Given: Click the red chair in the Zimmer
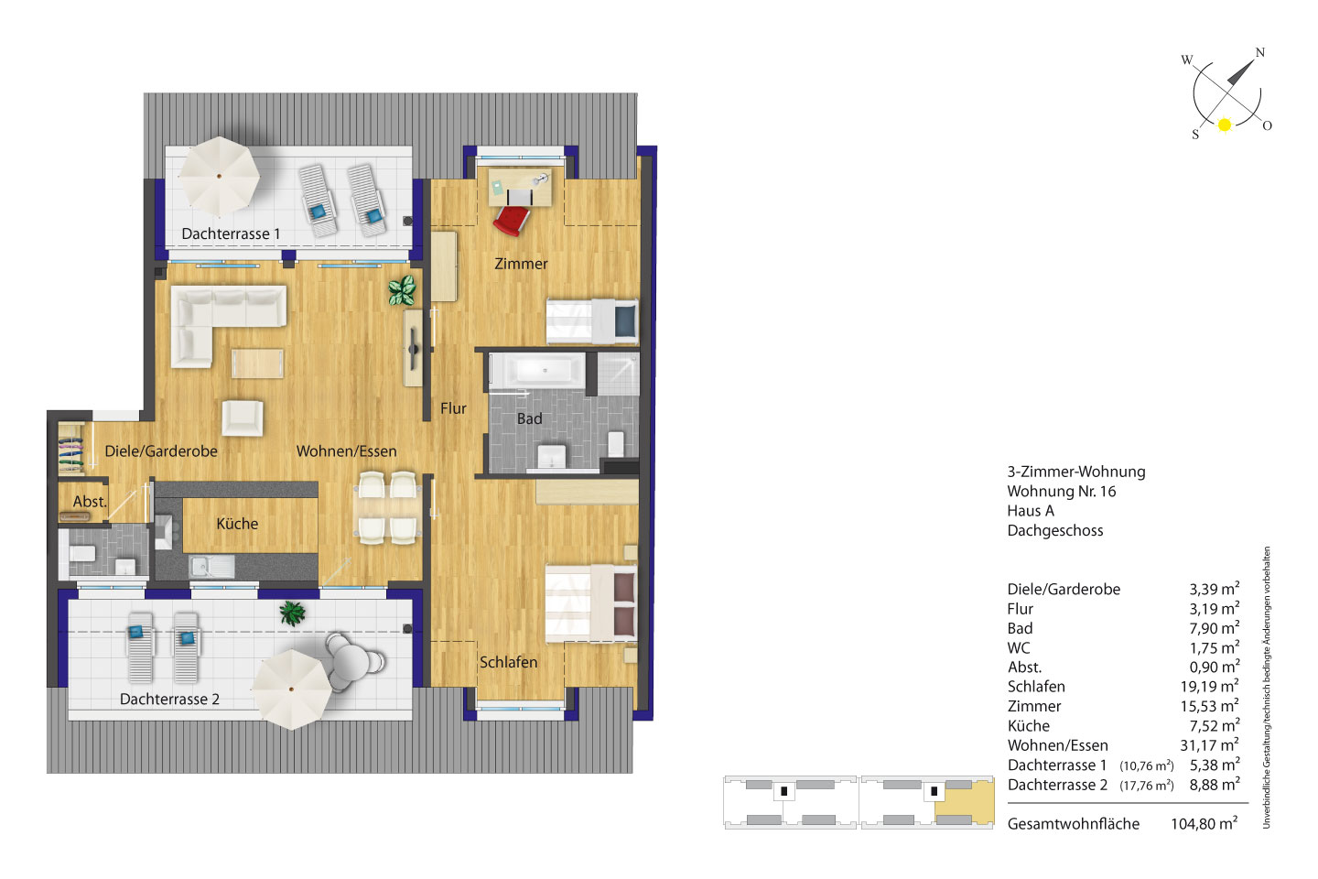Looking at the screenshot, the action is (x=512, y=220).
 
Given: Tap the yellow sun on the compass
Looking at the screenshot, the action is (x=1225, y=125).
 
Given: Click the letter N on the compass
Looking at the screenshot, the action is (x=1259, y=52).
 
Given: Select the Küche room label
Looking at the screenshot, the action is (x=237, y=524).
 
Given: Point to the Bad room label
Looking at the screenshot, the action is (x=530, y=418).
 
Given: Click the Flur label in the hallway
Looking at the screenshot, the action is (x=453, y=408).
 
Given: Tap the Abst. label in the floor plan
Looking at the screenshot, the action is (x=90, y=502).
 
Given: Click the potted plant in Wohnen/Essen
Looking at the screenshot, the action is (x=403, y=290).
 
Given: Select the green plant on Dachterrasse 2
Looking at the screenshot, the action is (x=293, y=613).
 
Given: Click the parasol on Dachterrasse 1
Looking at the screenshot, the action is (x=219, y=176).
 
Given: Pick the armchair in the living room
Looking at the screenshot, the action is (x=243, y=418).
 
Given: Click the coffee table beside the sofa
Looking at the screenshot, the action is (x=257, y=364).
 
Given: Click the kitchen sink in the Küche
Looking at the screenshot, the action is (x=211, y=567).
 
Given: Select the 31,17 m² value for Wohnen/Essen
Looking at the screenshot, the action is (x=1209, y=744).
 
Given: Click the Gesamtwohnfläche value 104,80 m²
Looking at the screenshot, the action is (x=1204, y=823).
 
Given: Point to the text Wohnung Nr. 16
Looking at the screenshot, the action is (x=1062, y=491).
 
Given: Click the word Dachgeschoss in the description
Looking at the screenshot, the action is (x=1055, y=530).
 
